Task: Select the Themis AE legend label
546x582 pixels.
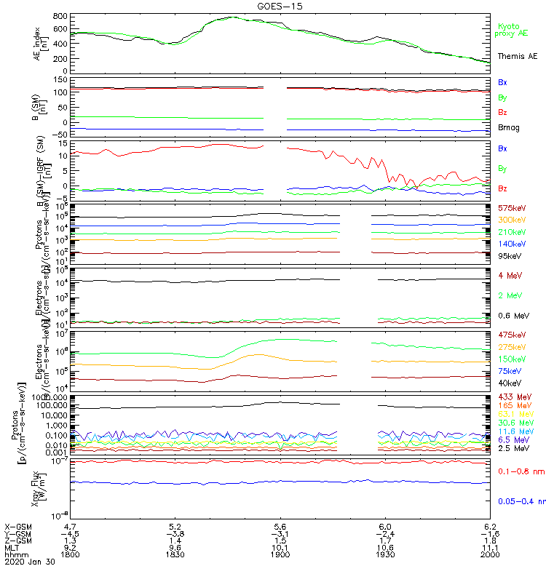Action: point(517,56)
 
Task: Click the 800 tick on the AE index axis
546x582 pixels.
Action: point(60,15)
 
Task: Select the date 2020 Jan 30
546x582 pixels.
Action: point(28,562)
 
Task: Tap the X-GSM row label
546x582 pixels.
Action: point(17,526)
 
